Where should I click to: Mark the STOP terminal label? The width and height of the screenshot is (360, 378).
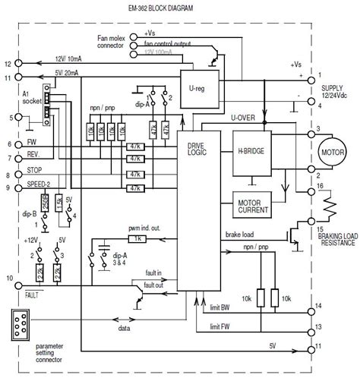(33, 172)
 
